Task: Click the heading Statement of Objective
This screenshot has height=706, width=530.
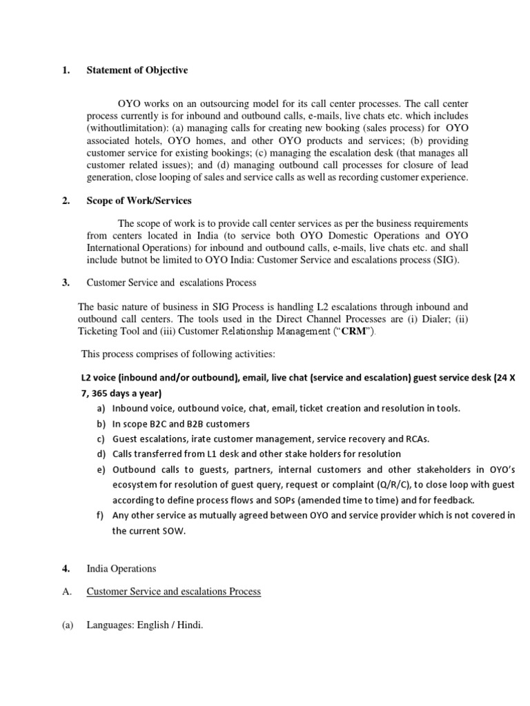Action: tap(137, 70)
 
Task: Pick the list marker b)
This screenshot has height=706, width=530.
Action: tap(101, 424)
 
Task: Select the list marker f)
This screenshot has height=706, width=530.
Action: tap(101, 516)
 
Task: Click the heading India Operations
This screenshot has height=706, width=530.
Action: tap(121, 569)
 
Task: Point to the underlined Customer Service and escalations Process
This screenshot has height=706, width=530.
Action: tap(173, 592)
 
